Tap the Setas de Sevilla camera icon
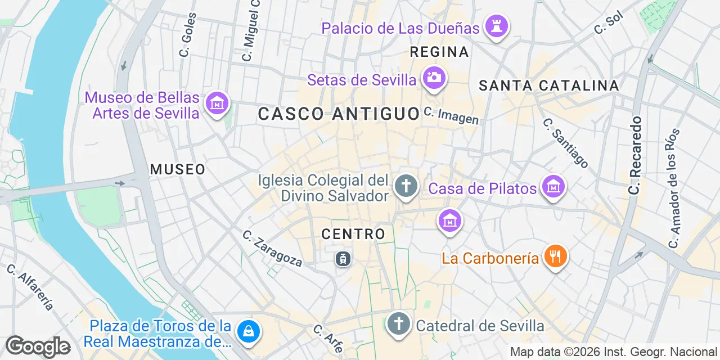pos(434,78)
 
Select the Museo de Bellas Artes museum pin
pos(217,104)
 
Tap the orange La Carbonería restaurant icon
pos(555,257)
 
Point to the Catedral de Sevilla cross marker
pos(399,324)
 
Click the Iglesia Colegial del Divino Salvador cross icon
pos(405,186)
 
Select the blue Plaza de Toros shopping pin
pos(248,331)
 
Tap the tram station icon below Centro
pos(343,259)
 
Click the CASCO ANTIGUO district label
pos(339,114)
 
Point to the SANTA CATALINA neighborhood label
pos(548,86)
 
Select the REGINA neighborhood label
pos(439,52)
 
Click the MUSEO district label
pos(178,169)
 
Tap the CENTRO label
pos(353,234)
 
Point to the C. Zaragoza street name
pos(272,248)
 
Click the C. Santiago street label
pos(565,143)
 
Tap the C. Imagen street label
pos(451,116)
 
